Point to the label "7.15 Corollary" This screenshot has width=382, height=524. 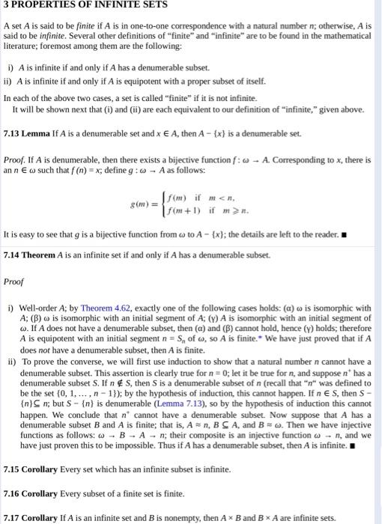[32, 469]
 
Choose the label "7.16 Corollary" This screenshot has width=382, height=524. [32, 494]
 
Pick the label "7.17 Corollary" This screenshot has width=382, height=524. [32, 518]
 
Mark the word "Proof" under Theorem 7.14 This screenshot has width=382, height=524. [15, 284]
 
